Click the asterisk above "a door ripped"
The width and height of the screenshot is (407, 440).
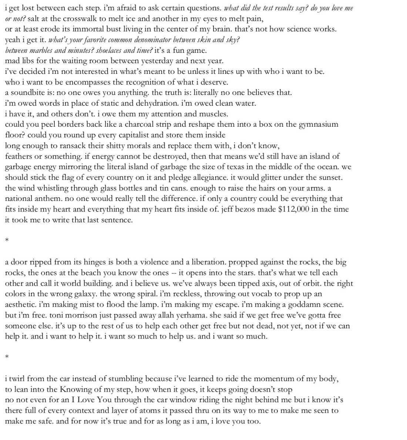click(x=7, y=241)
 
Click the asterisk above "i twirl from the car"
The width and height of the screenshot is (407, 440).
click(x=7, y=357)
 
